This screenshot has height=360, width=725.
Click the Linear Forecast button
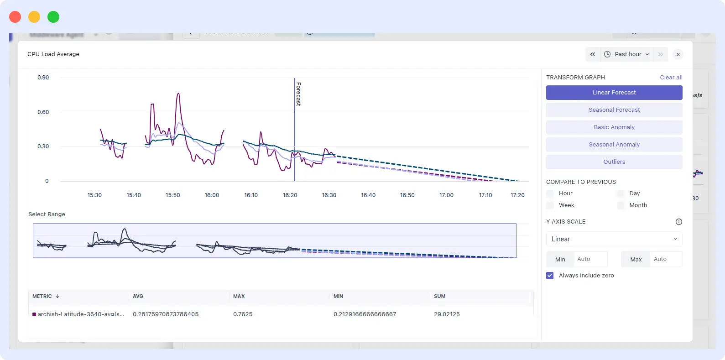(x=614, y=93)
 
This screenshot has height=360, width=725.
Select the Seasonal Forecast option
(x=614, y=110)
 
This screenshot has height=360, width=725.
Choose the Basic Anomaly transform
(x=614, y=127)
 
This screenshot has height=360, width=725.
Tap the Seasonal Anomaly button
(x=614, y=145)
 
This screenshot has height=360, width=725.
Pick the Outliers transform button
(x=614, y=162)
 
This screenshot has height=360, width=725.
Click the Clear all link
(x=671, y=78)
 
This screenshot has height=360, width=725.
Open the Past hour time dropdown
(x=626, y=54)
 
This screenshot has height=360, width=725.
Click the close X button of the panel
(x=678, y=55)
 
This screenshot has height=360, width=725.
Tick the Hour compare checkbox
(x=550, y=193)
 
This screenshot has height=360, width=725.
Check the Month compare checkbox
(x=621, y=205)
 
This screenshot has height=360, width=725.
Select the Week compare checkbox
(x=550, y=205)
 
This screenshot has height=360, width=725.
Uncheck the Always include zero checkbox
(x=550, y=276)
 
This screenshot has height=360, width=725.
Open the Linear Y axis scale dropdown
(x=614, y=239)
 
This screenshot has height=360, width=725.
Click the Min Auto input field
(x=589, y=259)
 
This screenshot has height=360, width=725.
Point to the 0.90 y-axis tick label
(x=43, y=78)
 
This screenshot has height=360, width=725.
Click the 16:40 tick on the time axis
(x=368, y=195)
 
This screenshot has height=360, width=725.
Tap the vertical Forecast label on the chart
(x=298, y=94)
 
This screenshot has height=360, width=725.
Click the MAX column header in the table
(x=239, y=297)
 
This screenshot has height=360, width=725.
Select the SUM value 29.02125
(x=447, y=314)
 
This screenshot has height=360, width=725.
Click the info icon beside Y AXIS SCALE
(x=678, y=222)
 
